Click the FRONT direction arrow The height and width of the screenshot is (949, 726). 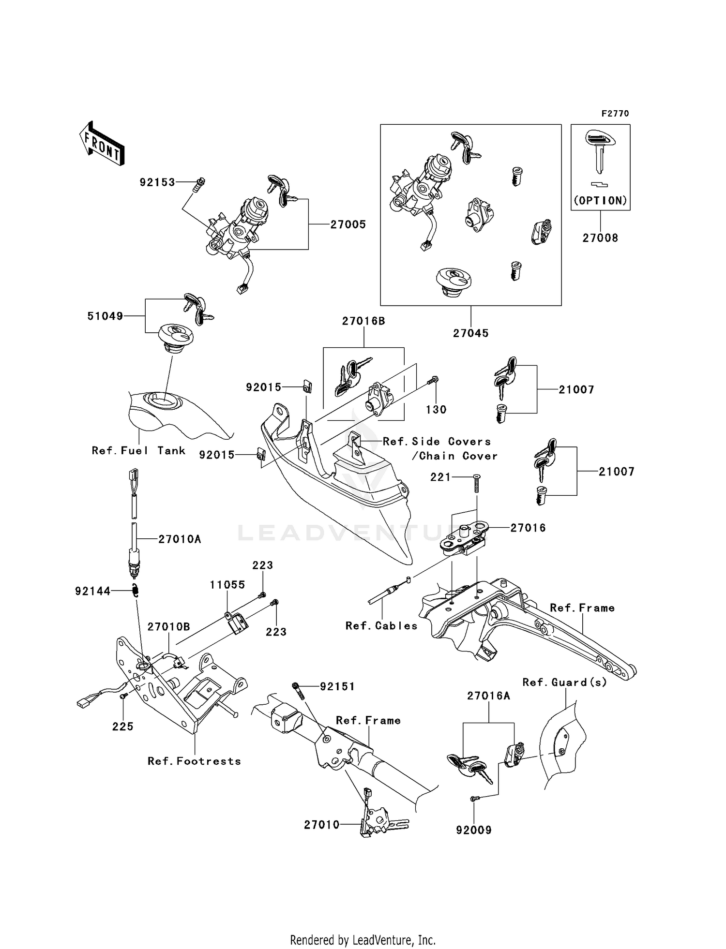[x=102, y=144]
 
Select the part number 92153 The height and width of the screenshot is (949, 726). [x=157, y=183]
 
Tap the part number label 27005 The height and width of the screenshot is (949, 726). [x=348, y=225]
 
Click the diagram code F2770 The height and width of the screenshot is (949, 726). [x=615, y=114]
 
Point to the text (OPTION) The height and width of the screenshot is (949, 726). [x=600, y=201]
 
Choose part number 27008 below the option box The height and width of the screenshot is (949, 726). [x=600, y=238]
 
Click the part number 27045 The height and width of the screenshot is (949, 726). [x=471, y=333]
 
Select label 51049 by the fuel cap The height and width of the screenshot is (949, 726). [x=105, y=316]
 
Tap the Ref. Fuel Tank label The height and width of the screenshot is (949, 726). [x=139, y=451]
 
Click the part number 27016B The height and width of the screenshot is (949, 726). [x=363, y=321]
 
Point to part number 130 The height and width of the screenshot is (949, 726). [x=436, y=410]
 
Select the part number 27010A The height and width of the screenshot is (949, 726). [x=180, y=539]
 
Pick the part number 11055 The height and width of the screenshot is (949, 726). [x=227, y=585]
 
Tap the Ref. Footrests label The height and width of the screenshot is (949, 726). [x=195, y=761]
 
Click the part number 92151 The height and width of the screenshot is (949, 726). [x=337, y=686]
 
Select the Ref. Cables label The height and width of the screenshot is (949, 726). [x=381, y=626]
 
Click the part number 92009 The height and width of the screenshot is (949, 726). [x=474, y=830]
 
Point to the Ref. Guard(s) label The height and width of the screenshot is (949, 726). [x=564, y=682]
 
